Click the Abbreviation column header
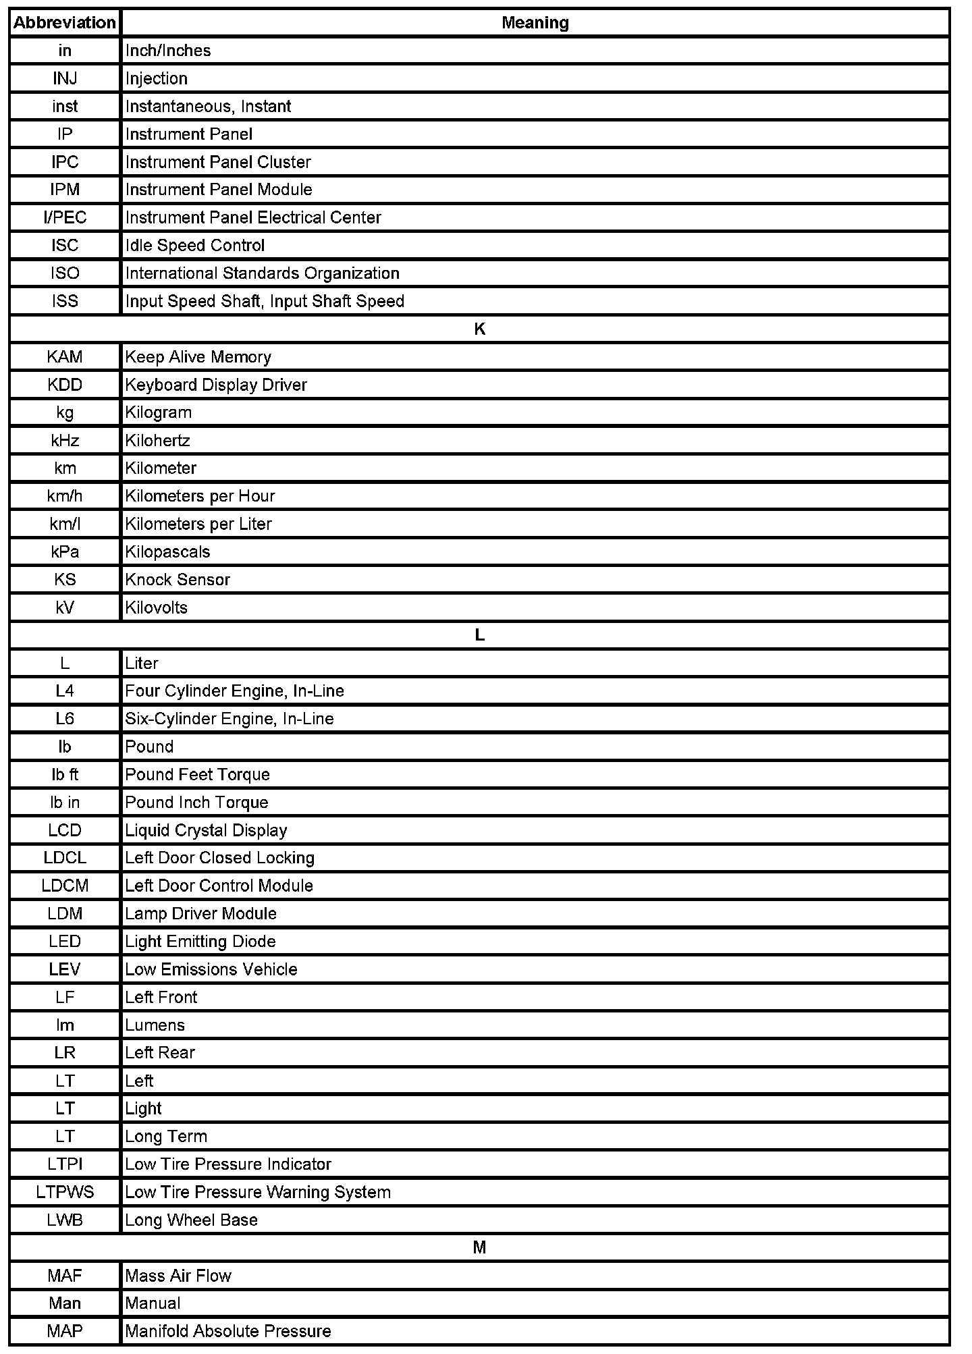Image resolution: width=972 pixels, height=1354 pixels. click(x=65, y=23)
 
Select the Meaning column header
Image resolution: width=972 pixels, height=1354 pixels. click(x=535, y=23)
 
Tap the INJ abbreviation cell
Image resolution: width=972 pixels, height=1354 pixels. click(x=65, y=79)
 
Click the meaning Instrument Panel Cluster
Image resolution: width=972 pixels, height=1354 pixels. click(x=218, y=163)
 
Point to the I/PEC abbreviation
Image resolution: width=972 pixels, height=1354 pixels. click(x=65, y=218)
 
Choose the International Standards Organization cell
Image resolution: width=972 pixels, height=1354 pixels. click(x=262, y=273)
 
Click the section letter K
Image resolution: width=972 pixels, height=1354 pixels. click(x=480, y=329)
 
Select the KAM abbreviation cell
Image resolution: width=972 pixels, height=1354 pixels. click(x=65, y=357)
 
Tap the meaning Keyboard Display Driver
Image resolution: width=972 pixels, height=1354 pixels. click(x=216, y=385)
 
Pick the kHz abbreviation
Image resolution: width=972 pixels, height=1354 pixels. click(x=65, y=441)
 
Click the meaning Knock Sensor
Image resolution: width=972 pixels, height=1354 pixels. click(x=178, y=580)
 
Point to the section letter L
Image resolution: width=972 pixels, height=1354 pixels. click(x=480, y=635)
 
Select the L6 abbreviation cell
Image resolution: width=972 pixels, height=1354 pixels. click(x=65, y=719)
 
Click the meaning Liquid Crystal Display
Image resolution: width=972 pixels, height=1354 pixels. click(x=206, y=830)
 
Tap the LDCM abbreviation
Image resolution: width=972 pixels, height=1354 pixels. click(x=65, y=886)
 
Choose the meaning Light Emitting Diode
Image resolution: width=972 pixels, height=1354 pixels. click(x=200, y=942)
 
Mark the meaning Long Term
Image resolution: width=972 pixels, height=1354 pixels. click(x=166, y=1137)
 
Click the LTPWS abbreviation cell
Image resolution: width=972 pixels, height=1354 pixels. click(x=65, y=1192)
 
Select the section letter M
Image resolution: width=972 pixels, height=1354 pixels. click(x=480, y=1247)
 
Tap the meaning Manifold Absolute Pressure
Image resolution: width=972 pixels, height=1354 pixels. click(x=228, y=1331)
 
